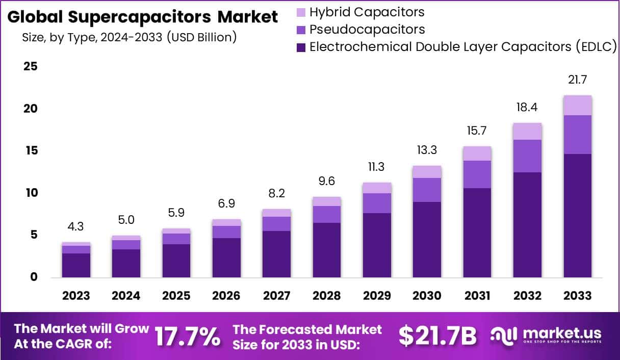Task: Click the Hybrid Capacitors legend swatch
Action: tap(301, 12)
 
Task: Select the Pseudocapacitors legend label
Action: tap(367, 29)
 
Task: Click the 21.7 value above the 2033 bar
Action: tap(578, 80)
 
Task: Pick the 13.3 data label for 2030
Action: tap(427, 150)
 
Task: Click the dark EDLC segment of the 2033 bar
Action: tap(578, 215)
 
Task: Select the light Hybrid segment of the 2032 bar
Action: tap(528, 132)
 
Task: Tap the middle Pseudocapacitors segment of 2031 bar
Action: tap(477, 174)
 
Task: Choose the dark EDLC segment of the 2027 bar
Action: tap(277, 254)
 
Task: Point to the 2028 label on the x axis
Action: tap(327, 296)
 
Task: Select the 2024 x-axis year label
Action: tap(126, 296)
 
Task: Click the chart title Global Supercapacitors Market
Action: tap(143, 17)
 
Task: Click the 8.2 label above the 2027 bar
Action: tap(277, 194)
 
